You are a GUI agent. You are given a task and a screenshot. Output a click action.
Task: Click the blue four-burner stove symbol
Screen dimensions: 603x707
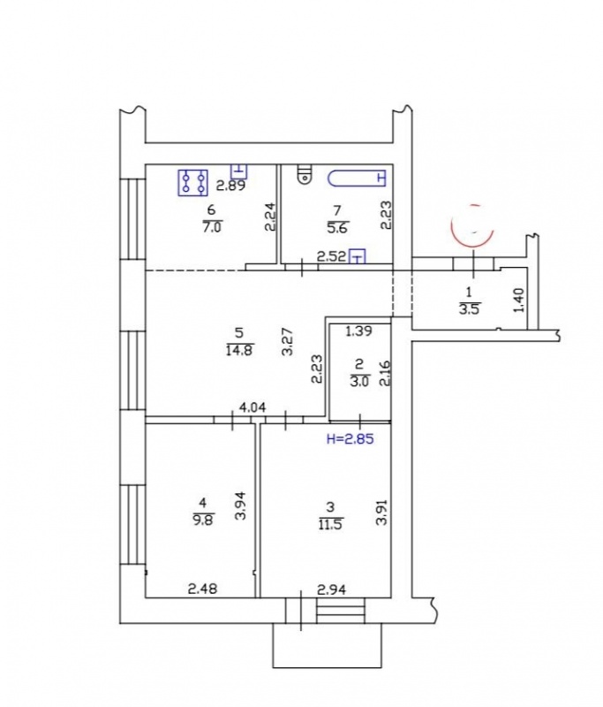[x=192, y=183]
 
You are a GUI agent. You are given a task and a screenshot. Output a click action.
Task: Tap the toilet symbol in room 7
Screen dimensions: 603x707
[x=305, y=175]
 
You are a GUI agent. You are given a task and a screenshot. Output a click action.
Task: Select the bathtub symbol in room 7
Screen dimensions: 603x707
[x=357, y=179]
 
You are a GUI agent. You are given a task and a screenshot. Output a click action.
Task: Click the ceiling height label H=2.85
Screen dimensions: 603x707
[x=350, y=438]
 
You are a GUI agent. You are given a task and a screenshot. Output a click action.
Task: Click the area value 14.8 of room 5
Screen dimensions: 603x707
[x=238, y=349]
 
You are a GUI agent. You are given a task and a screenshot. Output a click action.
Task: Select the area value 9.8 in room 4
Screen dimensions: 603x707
[x=203, y=520]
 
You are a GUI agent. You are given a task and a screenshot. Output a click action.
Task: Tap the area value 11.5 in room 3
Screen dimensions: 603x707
[x=330, y=524]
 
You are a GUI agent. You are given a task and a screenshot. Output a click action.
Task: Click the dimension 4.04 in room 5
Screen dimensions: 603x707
[x=253, y=407]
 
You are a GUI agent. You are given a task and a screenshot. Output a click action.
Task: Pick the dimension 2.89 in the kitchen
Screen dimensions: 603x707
[x=230, y=186]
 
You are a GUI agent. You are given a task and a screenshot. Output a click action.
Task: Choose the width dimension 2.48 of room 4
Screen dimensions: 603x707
[x=202, y=589]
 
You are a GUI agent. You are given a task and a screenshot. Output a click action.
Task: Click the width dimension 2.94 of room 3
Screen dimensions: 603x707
[x=331, y=589]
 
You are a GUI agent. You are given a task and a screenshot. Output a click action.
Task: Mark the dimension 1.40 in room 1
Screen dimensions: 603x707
[x=519, y=300]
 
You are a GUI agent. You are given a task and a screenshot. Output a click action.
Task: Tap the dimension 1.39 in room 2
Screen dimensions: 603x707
[x=358, y=331]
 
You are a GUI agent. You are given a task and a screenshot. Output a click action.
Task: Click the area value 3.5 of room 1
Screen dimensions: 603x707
[x=469, y=310]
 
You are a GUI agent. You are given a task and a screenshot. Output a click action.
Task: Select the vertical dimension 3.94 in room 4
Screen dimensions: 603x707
[x=241, y=505]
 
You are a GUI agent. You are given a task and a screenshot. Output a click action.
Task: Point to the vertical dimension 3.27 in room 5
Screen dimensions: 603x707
[x=287, y=341]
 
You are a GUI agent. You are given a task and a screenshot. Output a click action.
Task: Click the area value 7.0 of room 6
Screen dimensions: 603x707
[x=212, y=227]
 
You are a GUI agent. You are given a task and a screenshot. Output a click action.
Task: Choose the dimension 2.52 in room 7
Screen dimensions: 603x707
[x=331, y=257]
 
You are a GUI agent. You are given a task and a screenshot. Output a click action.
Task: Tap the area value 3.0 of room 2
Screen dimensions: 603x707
[x=360, y=381]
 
